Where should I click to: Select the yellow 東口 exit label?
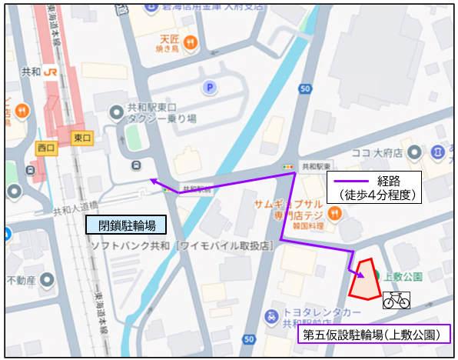(x=82, y=138)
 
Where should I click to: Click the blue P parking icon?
(x=208, y=88)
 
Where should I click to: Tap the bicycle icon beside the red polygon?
(x=397, y=300)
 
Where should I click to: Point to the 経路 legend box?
(x=374, y=187)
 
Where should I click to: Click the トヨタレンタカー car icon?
(x=271, y=316)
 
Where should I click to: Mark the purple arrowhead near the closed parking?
(x=153, y=182)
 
